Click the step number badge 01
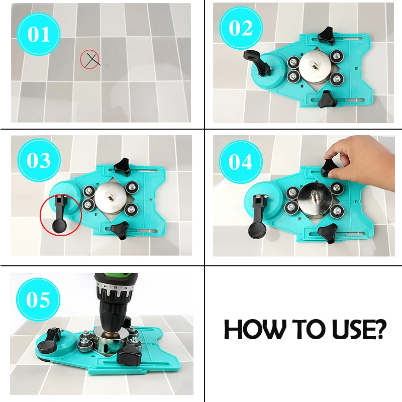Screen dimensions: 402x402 point(39,34)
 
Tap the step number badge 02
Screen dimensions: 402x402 point(241,28)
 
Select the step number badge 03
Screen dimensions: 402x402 point(39,160)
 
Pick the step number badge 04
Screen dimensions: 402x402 point(241,162)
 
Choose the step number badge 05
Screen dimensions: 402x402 point(38,299)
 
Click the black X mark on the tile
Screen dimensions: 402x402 point(92,60)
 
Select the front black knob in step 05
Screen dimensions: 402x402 point(129,355)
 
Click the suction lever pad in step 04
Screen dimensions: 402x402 point(257,230)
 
